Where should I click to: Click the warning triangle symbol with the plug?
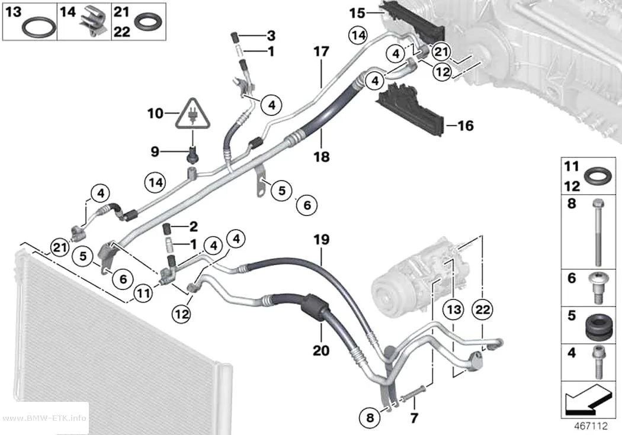(193, 115)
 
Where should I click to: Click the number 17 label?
(321, 52)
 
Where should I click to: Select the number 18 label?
(321, 157)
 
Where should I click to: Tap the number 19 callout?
(321, 240)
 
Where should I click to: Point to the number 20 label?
(321, 350)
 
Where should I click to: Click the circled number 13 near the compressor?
(454, 310)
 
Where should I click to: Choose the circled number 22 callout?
(483, 310)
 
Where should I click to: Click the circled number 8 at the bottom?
(370, 417)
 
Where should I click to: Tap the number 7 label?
(414, 418)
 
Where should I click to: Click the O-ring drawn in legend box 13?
(39, 28)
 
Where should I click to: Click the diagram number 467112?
(591, 426)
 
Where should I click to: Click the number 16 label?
(466, 126)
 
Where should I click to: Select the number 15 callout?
(357, 13)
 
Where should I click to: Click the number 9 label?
(155, 152)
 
